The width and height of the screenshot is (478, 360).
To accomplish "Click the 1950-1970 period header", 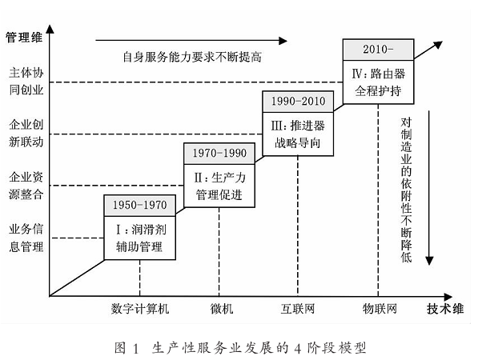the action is (140, 206).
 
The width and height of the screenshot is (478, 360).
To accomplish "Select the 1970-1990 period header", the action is (219, 154).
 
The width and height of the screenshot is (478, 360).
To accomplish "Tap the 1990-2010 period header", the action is (298, 102).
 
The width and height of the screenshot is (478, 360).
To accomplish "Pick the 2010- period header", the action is (378, 50).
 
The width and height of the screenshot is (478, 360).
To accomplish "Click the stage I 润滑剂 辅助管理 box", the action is (140, 238).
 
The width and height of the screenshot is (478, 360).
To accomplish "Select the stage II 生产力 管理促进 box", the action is (219, 186).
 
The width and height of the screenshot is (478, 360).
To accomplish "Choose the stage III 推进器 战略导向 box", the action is (298, 134).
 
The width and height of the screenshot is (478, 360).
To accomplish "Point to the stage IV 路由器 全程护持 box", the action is (378, 82).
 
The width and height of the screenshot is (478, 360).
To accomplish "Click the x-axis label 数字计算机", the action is (140, 309).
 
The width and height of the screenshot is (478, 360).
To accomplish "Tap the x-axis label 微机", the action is (222, 309).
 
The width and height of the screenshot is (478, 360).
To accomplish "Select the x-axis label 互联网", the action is (298, 309).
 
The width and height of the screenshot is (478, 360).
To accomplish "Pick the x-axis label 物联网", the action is (380, 309).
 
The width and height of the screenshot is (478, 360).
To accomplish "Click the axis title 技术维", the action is (445, 309).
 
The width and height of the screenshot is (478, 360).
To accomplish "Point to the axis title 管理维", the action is (24, 38).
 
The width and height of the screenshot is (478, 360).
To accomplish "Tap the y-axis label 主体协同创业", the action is (26, 82).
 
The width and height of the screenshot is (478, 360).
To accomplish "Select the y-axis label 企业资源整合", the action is (26, 186).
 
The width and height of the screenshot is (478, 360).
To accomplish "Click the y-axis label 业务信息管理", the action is (26, 238).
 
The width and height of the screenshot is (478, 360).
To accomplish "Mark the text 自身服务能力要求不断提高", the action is (192, 57).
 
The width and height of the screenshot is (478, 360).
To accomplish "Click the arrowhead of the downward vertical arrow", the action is (429, 261).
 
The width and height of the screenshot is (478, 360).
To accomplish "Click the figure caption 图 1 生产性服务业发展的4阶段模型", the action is (240, 348).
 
